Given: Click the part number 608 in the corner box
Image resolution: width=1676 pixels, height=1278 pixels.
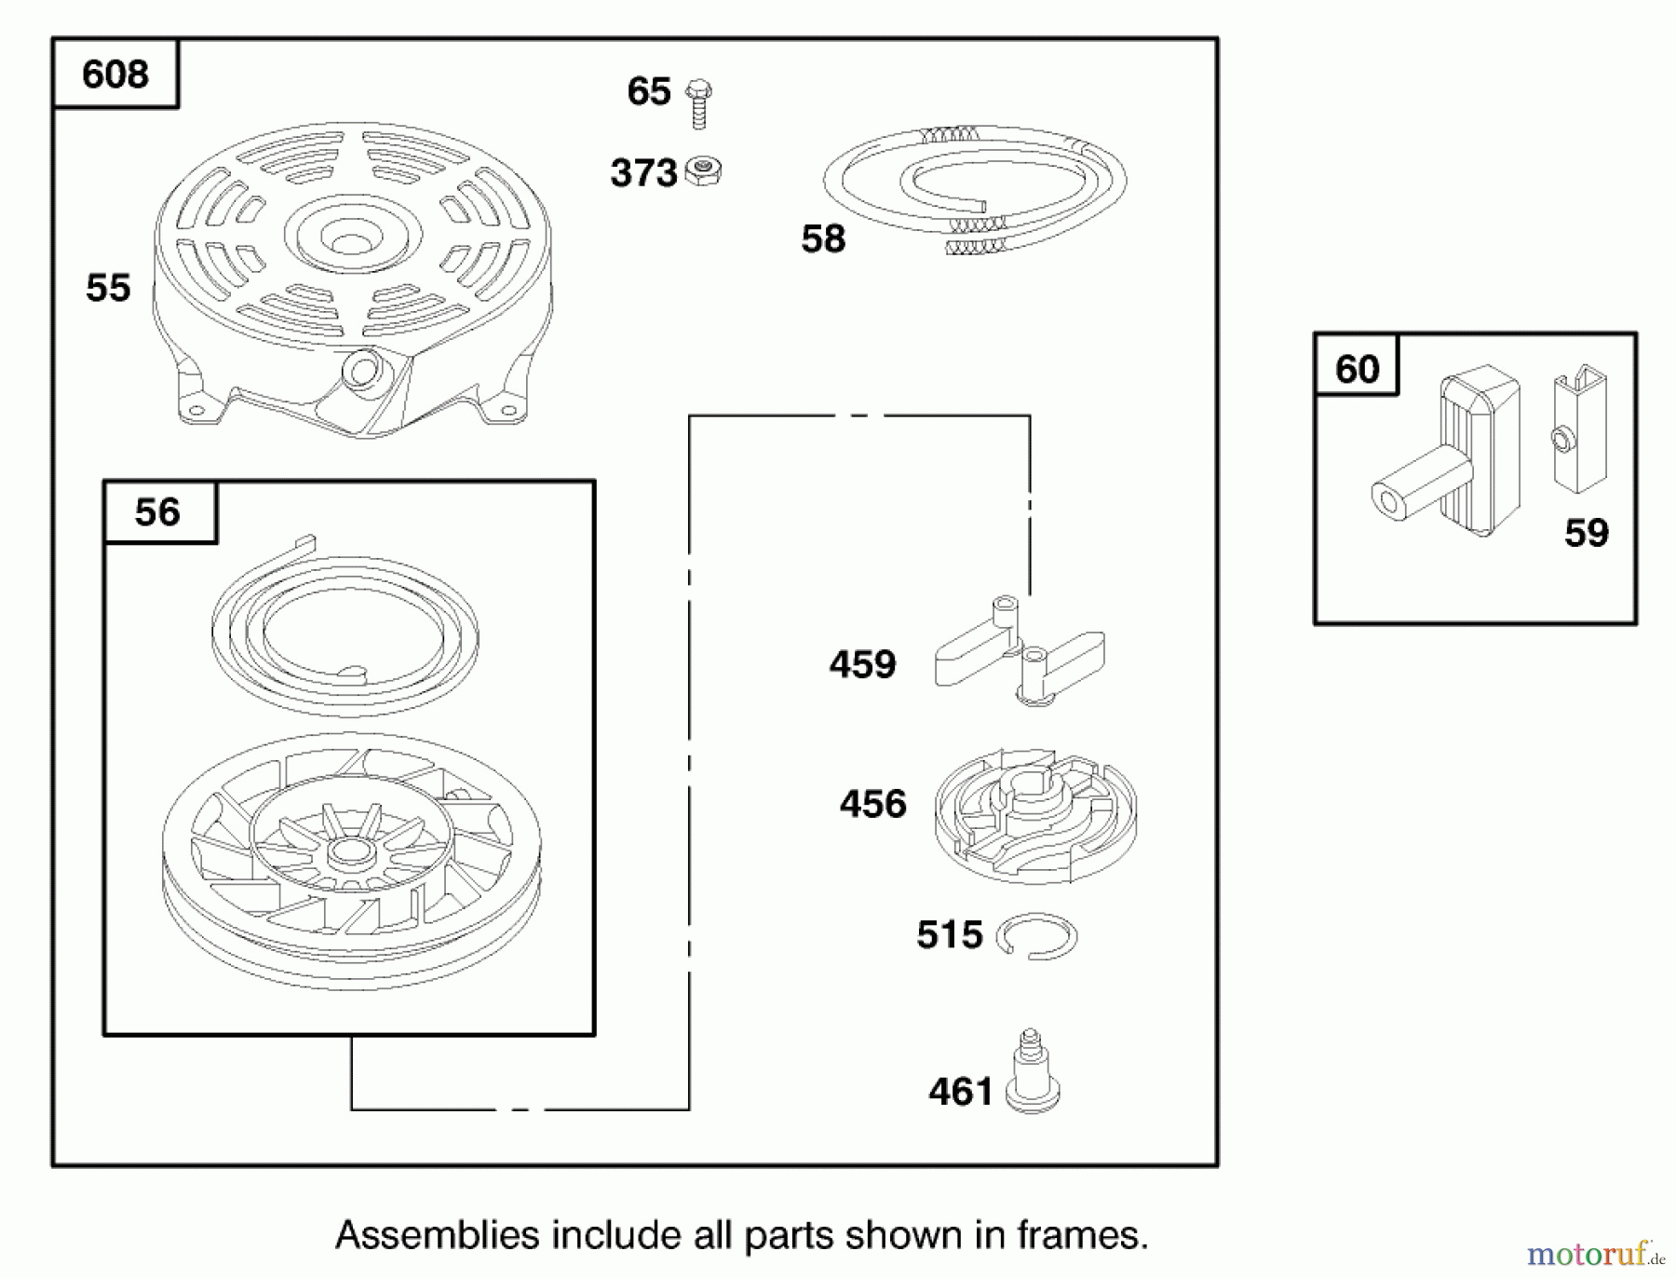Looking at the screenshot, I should point(115,75).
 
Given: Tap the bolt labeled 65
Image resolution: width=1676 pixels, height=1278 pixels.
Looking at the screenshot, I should point(698,102).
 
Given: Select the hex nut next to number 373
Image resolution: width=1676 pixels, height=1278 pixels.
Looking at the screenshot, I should point(704,171).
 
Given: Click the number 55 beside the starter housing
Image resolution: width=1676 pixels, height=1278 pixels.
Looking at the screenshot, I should point(108,288).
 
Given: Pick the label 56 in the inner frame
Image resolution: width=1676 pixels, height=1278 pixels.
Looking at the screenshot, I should point(157,512).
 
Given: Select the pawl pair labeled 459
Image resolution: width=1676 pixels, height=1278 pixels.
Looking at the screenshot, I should point(1020,652).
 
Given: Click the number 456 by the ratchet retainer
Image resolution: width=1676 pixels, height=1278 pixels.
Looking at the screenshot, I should point(872,804).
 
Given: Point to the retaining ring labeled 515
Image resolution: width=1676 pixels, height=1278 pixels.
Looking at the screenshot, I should point(1036,936).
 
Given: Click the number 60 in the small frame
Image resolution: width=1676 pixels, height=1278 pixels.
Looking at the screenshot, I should point(1357,370).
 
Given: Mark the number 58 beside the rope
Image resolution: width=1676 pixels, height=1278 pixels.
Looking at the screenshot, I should point(823,239).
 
